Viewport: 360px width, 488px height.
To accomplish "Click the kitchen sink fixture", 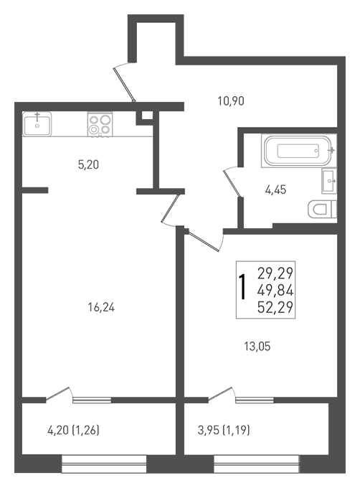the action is coord(37,124).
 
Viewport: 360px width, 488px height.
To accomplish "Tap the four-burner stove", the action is coord(100,124).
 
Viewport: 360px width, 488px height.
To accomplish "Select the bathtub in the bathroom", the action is coord(299,151).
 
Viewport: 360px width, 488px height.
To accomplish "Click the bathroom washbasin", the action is coord(329,181).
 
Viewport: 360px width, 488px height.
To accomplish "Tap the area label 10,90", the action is coord(231,101).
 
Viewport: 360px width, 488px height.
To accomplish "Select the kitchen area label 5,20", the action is coord(89,164).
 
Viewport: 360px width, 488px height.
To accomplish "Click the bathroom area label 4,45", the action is coord(275,189).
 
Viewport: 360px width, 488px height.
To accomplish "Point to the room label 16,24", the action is coord(101,307).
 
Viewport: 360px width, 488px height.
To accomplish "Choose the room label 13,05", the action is coord(257,347).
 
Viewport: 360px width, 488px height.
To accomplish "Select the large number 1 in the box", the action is coord(243,287).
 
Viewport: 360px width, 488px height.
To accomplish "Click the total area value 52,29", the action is coord(275,307).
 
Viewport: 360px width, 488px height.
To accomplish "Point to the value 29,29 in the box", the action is coord(275,274).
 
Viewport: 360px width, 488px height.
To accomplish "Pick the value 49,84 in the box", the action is coord(275,291).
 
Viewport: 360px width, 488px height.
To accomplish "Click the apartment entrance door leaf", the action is coord(125,85).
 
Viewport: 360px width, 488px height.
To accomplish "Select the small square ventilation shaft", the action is coord(145,117).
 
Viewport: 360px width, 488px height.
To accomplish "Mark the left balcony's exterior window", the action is coord(104,464).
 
